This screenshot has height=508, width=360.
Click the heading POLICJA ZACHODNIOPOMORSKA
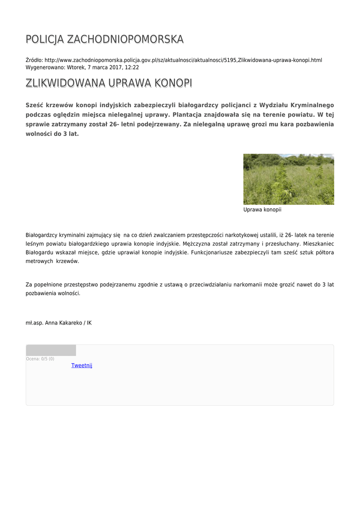(104, 39)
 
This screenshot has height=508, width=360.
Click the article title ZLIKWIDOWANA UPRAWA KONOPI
(109, 83)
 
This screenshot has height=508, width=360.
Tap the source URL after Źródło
(183, 60)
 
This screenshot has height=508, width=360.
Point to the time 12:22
(132, 67)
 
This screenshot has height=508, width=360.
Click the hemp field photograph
(288, 179)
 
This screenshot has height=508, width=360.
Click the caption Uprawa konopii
(262, 210)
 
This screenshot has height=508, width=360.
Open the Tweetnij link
(82, 366)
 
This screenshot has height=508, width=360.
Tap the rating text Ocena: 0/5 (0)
(40, 359)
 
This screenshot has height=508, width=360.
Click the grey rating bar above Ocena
(51, 350)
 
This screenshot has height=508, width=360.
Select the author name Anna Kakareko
(64, 323)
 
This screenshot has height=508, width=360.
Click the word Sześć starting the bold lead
(34, 105)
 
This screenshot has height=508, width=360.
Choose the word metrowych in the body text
(39, 261)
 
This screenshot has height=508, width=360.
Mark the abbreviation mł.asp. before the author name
(34, 323)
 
